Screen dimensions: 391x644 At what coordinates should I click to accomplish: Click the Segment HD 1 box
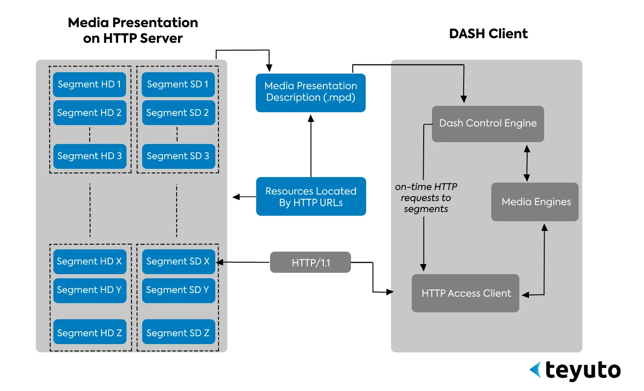90,85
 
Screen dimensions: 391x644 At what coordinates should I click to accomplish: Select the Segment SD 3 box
178,156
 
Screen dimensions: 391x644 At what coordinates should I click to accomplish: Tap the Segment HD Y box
90,290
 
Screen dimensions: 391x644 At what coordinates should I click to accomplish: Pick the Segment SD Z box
178,333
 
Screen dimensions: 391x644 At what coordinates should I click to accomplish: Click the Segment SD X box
178,261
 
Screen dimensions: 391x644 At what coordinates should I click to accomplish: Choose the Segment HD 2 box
90,113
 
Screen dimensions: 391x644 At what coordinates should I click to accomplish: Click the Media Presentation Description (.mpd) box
310,92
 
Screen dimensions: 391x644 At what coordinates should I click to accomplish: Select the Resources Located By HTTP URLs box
310,196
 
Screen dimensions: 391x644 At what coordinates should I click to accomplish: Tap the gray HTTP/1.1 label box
310,262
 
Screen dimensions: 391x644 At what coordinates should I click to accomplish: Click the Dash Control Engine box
488,124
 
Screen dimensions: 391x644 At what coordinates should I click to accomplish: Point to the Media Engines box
535,202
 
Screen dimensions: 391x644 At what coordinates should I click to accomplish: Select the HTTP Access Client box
466,293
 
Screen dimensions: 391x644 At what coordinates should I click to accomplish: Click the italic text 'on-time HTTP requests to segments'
426,198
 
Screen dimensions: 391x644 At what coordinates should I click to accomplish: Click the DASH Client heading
488,34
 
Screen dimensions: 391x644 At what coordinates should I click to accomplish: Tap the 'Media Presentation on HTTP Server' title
133,30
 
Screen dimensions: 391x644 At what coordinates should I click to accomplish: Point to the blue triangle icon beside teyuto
535,369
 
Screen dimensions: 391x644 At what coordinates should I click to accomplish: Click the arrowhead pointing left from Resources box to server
236,197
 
